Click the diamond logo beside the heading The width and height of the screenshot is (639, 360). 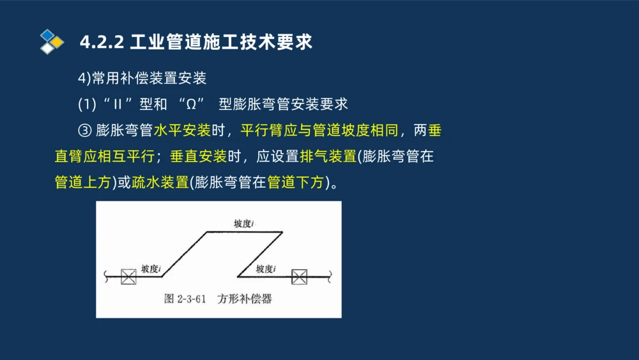[52, 42]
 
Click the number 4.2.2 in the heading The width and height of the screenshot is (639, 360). [102, 42]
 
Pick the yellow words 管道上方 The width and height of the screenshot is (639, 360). [83, 183]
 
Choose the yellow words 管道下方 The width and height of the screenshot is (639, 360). [295, 183]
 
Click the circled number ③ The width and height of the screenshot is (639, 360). [85, 131]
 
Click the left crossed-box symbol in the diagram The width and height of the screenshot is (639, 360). [128, 276]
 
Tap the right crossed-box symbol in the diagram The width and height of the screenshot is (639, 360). [299, 276]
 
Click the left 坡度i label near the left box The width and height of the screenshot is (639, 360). [151, 269]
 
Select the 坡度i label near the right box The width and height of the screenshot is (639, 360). [265, 269]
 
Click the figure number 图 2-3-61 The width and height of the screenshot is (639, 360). [185, 299]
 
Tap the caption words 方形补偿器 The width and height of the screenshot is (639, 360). [244, 299]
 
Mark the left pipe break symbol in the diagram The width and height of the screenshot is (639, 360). [104, 276]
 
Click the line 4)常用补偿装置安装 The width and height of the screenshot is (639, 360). [142, 79]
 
